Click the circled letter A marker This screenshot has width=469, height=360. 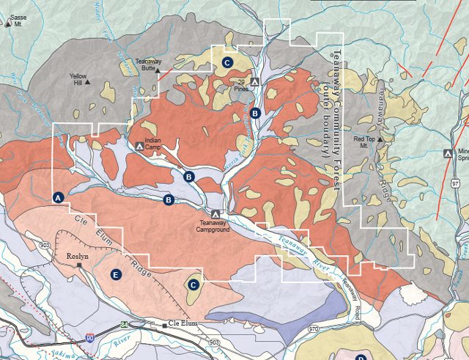point(59,197)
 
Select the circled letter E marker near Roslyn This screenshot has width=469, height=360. point(114,274)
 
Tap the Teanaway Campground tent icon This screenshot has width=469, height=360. point(214,213)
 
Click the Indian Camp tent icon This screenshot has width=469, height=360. point(140,146)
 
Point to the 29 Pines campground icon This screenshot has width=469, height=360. point(255,81)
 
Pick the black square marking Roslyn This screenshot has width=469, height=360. point(80,265)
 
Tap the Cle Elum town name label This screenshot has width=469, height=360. point(185,324)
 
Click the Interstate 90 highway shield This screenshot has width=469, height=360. point(89,337)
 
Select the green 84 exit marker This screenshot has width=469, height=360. point(125,323)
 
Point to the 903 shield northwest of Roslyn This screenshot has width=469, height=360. point(45,244)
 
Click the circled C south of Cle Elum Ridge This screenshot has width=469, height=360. point(193,284)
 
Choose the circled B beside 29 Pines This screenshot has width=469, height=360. point(255,114)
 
